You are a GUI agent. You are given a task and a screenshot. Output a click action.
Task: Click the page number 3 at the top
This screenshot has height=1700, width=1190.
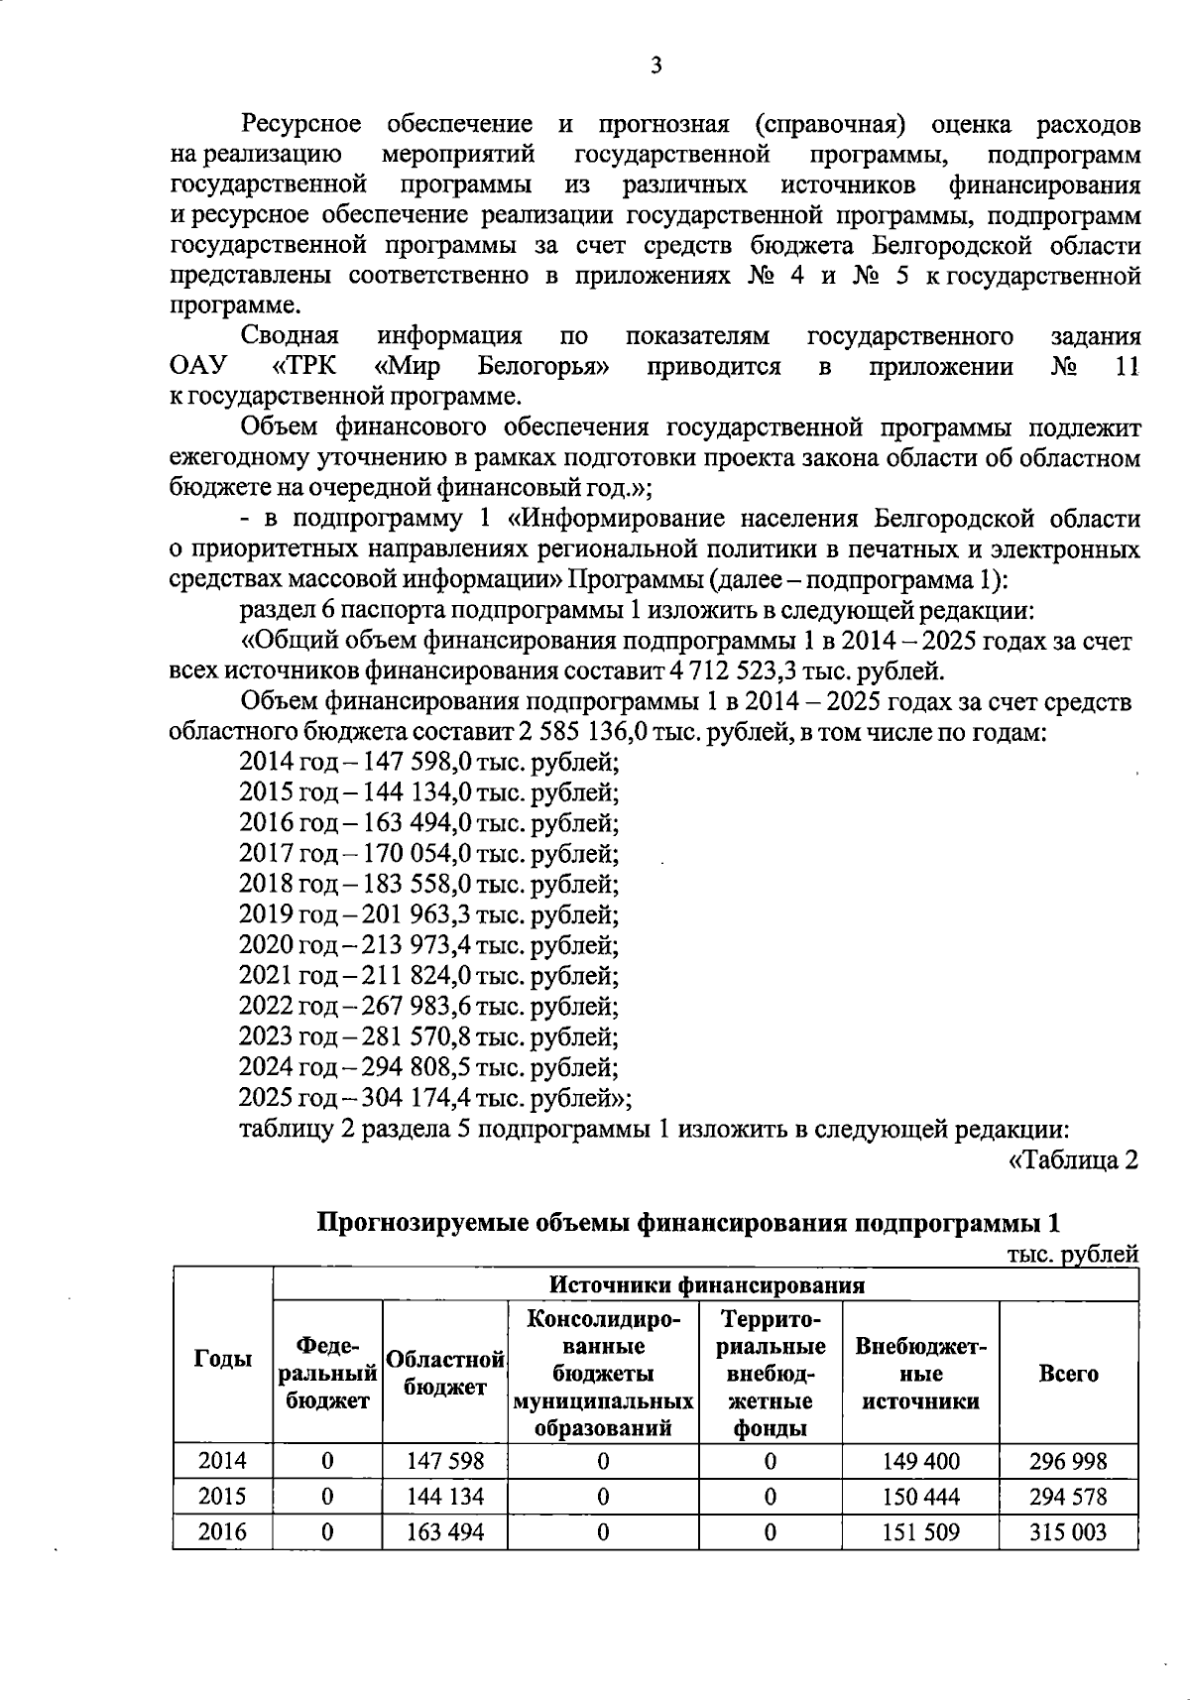click(x=655, y=66)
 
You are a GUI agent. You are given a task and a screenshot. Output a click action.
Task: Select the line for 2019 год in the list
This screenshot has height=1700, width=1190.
click(x=428, y=914)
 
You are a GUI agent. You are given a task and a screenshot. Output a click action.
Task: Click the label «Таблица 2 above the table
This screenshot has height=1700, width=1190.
click(x=1073, y=1159)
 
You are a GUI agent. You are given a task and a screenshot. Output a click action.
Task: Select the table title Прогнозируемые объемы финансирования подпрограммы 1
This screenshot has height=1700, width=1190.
click(x=688, y=1222)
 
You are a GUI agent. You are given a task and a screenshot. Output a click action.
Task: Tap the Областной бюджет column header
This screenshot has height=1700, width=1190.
click(x=445, y=1373)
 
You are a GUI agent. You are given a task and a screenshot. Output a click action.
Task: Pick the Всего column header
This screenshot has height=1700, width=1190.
click(x=1068, y=1373)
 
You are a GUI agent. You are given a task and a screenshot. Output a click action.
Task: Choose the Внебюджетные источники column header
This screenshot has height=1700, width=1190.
click(x=920, y=1373)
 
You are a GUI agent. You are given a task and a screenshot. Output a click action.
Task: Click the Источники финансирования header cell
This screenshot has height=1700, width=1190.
click(x=706, y=1285)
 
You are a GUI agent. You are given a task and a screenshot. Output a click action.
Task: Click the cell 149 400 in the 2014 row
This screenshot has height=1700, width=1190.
click(x=920, y=1461)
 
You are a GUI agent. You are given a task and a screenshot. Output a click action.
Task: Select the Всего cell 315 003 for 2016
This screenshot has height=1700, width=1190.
click(x=1068, y=1532)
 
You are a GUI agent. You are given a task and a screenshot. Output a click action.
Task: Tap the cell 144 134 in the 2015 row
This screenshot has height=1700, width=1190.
click(x=445, y=1497)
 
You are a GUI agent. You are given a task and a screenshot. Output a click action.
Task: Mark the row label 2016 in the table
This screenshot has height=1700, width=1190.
click(x=222, y=1532)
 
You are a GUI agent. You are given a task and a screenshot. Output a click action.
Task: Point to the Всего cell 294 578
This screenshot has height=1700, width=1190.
click(x=1068, y=1497)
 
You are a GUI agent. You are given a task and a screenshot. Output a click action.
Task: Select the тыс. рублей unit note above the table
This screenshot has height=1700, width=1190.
click(x=1072, y=1255)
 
